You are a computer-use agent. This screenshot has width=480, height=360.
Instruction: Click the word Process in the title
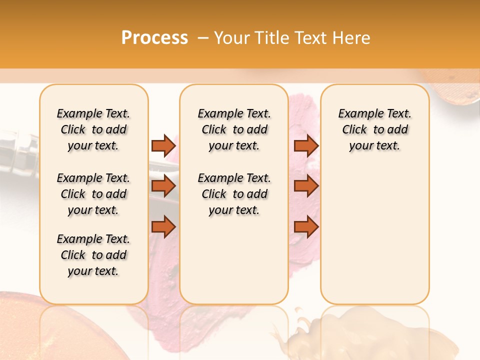(x=154, y=38)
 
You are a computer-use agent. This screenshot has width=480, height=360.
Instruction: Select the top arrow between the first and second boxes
(x=163, y=145)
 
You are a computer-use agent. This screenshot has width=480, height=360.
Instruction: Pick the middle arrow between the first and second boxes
(x=163, y=186)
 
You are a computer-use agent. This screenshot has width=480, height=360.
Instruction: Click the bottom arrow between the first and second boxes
(x=163, y=227)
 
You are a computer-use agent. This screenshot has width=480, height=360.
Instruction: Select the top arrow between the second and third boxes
(x=306, y=145)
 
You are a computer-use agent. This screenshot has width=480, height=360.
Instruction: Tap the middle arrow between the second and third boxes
(x=306, y=186)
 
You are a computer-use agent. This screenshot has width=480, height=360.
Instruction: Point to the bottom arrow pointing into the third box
(x=306, y=227)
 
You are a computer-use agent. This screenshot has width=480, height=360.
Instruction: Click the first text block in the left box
(x=93, y=129)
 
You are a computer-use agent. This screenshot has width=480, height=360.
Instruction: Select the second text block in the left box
(x=93, y=194)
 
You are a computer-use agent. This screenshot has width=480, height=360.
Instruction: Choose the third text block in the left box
(x=93, y=255)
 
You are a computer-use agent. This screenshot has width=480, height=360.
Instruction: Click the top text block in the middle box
(x=234, y=129)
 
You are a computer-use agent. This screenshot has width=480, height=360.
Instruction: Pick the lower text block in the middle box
(x=234, y=194)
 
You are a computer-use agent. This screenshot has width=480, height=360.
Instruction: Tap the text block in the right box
(x=374, y=129)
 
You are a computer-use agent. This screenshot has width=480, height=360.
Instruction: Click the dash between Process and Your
(x=202, y=38)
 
